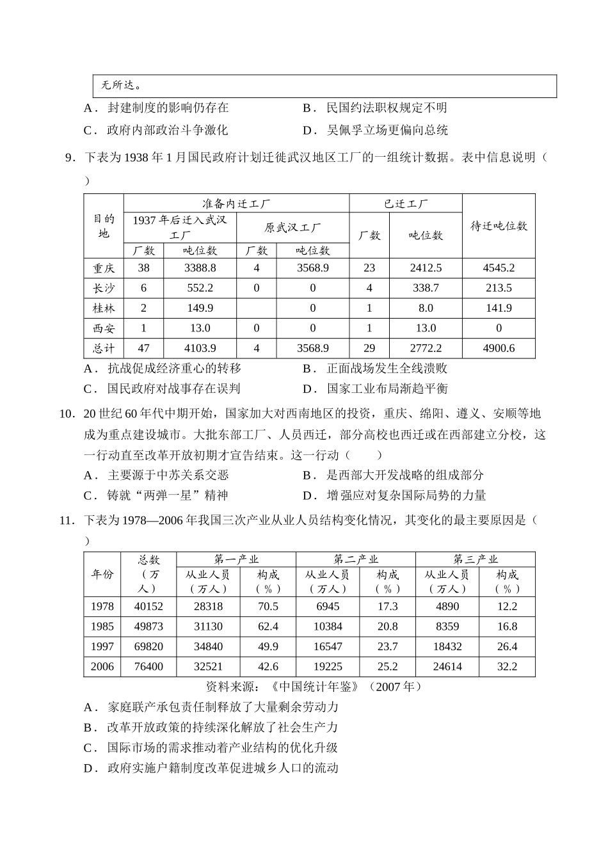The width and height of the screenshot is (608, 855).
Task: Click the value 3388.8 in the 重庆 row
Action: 200,268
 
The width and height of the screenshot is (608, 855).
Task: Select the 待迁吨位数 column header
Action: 499,226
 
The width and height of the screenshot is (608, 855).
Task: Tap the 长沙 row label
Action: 103,288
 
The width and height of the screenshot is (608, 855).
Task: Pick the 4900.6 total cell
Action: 499,348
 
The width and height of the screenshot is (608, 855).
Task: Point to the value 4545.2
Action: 499,268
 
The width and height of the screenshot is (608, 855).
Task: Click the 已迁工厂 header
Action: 406,204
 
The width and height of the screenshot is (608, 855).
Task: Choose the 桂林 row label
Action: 103,308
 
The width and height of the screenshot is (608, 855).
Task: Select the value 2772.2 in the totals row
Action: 426,348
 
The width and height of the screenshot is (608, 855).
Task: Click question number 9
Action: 70,157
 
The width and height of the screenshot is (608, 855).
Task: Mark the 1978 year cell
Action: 102,606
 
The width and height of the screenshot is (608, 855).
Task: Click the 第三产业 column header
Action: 475,560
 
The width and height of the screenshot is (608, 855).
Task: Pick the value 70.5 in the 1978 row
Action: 268,606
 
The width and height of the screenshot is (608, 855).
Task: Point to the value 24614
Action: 447,666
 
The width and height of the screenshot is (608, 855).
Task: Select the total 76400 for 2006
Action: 148,666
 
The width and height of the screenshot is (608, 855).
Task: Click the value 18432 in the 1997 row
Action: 447,646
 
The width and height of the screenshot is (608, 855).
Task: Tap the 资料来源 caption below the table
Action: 314,687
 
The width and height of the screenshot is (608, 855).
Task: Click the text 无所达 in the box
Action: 122,86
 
